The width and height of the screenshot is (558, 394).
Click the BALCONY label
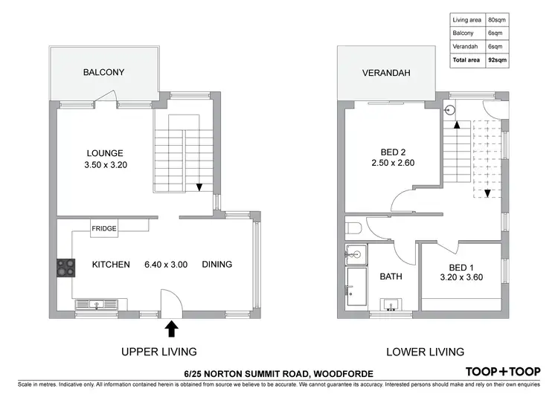(x=103, y=73)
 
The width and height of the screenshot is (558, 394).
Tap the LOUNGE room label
(x=103, y=153)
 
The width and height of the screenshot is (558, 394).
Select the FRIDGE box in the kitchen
(x=104, y=229)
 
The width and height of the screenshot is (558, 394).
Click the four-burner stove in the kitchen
(x=65, y=267)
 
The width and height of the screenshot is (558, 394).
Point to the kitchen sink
(x=97, y=303)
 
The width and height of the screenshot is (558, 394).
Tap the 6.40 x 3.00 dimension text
(x=161, y=264)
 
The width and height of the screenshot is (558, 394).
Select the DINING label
(x=217, y=264)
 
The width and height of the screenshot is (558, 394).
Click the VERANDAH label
(x=386, y=73)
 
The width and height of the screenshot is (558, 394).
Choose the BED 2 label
(x=392, y=149)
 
